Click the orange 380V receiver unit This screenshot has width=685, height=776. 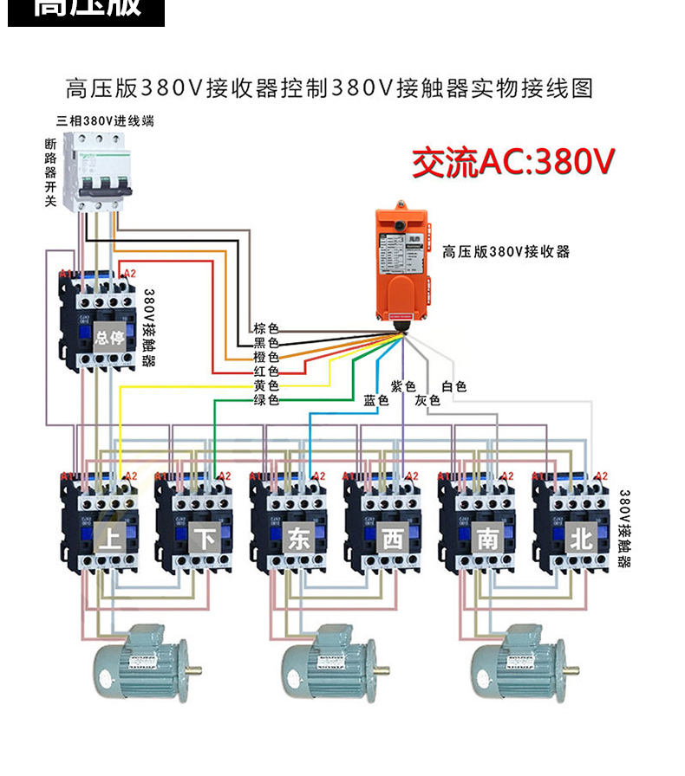[x=402, y=264]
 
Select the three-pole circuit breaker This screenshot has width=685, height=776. [x=99, y=170]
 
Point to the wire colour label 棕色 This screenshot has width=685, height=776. [x=266, y=329]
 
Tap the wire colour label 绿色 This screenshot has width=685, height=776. [x=266, y=399]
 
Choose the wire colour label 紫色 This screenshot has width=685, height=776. [x=403, y=386]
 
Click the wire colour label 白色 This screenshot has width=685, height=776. [x=453, y=386]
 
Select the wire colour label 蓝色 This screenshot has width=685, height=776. [x=375, y=400]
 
